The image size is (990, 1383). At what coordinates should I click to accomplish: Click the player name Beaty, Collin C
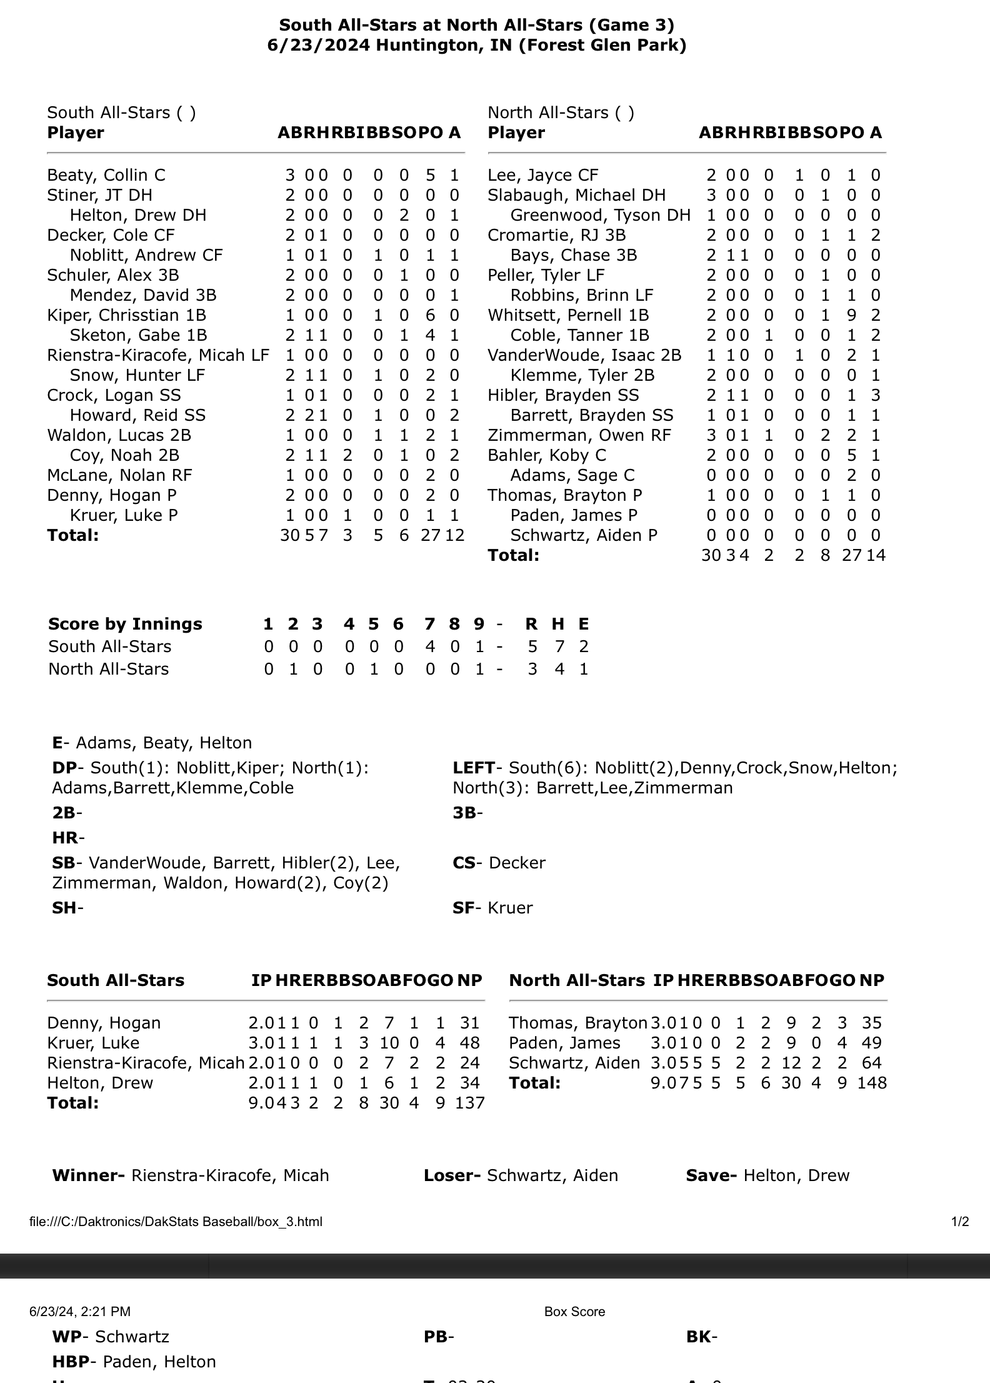(106, 175)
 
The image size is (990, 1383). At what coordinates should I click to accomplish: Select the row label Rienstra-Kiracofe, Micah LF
(158, 355)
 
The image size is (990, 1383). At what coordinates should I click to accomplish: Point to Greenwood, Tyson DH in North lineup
(600, 215)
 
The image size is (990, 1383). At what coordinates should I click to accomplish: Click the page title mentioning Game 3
(476, 25)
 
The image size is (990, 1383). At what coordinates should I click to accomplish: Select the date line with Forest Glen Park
(476, 45)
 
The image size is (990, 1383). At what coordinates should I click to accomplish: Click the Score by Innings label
(125, 624)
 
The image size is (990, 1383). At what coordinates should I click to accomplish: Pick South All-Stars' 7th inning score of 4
(430, 646)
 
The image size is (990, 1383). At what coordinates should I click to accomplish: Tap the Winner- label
(89, 1175)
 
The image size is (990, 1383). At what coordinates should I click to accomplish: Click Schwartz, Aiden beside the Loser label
(552, 1175)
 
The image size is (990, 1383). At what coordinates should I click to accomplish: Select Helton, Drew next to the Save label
(796, 1175)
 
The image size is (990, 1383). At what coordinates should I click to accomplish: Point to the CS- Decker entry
(499, 863)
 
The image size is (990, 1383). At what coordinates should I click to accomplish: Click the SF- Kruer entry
(492, 908)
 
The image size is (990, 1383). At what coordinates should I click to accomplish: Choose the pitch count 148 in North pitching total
(872, 1083)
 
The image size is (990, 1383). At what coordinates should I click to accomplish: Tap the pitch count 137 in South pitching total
(471, 1103)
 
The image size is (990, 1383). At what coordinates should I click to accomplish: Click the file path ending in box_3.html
(176, 1222)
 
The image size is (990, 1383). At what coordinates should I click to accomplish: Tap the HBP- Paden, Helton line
(134, 1362)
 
